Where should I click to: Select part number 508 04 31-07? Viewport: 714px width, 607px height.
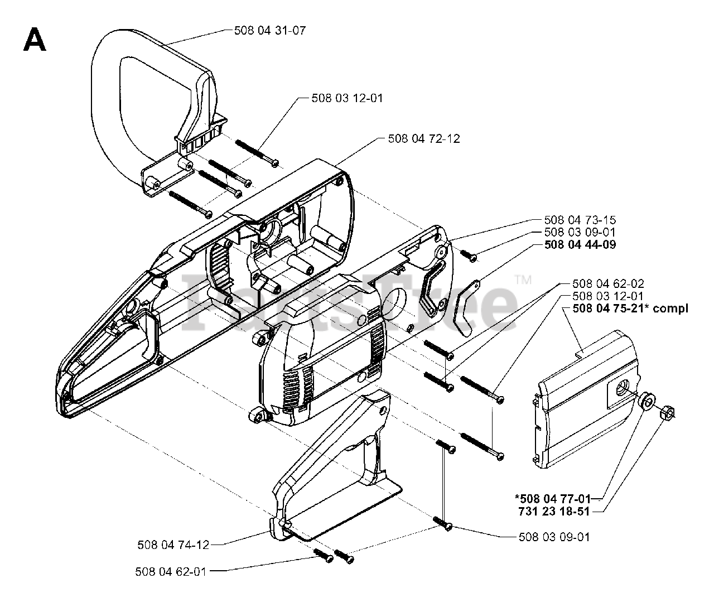pyautogui.click(x=270, y=31)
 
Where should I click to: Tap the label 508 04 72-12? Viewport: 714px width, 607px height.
pyautogui.click(x=424, y=139)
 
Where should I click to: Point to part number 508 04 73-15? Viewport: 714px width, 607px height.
pyautogui.click(x=580, y=220)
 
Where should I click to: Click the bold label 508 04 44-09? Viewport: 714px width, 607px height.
pyautogui.click(x=580, y=244)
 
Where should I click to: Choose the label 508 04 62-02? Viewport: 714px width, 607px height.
pyautogui.click(x=608, y=283)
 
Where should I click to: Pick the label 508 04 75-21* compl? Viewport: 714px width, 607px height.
pyautogui.click(x=630, y=308)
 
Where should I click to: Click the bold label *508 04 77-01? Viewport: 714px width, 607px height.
pyautogui.click(x=553, y=499)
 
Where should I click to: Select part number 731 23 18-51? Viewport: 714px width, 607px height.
pyautogui.click(x=554, y=511)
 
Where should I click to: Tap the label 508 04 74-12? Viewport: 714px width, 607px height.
pyautogui.click(x=173, y=545)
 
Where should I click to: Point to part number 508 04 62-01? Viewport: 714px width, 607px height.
pyautogui.click(x=171, y=572)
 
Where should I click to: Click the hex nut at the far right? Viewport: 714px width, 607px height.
pyautogui.click(x=667, y=412)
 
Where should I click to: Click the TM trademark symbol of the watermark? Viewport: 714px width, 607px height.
pyautogui.click(x=523, y=280)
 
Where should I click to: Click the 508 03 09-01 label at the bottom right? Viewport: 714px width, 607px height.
pyautogui.click(x=554, y=537)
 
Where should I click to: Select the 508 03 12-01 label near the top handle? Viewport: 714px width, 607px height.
pyautogui.click(x=347, y=98)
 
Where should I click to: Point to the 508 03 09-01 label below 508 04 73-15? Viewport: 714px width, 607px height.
pyautogui.click(x=580, y=232)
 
